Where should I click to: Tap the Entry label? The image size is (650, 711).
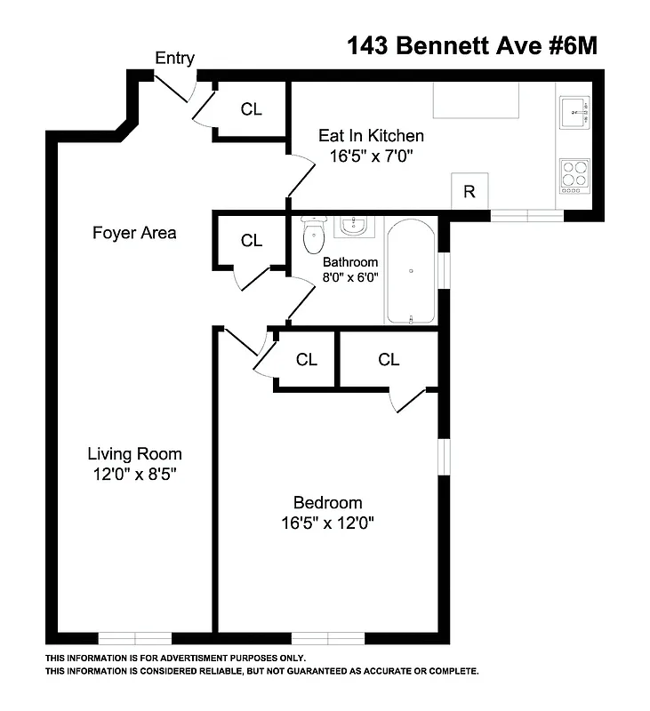175,59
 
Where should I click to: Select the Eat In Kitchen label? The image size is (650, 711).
371,136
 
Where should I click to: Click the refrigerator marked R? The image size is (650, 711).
469,192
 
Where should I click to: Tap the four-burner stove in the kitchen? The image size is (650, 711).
574,175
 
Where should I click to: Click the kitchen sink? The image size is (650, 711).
574,113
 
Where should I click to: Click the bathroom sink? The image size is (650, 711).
354,225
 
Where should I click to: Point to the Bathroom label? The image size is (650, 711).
350,262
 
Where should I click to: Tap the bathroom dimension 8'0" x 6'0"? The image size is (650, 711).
350,276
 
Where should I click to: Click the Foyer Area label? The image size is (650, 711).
135,233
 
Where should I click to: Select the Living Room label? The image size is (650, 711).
134,453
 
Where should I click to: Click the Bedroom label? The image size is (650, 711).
327,502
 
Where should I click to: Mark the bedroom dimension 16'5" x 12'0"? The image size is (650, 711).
327,523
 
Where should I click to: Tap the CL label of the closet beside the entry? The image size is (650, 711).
252,109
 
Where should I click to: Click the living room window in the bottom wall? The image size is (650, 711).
134,637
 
